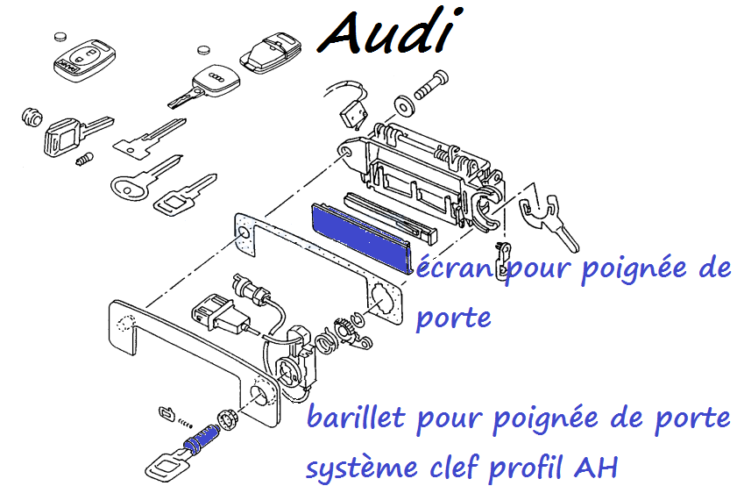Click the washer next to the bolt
[404, 105]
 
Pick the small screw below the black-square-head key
[84, 161]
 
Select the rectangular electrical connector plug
[212, 317]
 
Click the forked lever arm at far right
[542, 216]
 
